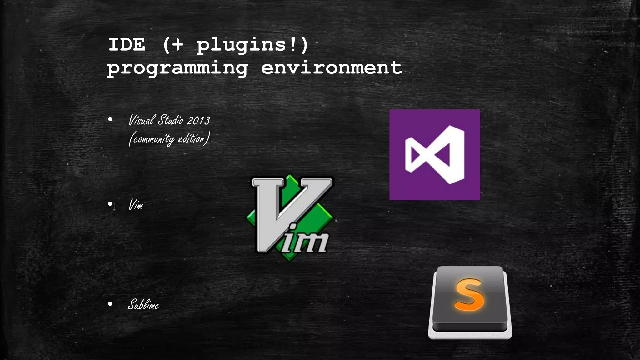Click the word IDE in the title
(127, 45)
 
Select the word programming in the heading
(177, 68)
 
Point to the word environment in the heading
(332, 68)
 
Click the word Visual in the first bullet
(142, 120)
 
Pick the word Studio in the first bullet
(170, 120)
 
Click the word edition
(191, 138)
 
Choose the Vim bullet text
(136, 205)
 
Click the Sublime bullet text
(143, 305)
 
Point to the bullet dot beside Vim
(110, 204)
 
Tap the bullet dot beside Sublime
(110, 304)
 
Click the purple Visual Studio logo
(435, 155)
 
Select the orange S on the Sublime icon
(469, 295)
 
